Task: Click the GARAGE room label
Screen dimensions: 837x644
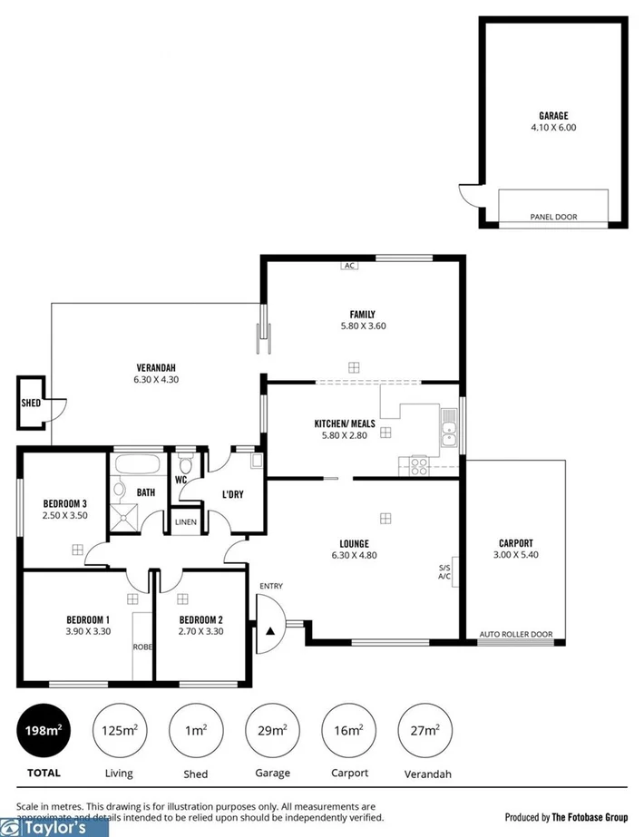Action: pyautogui.click(x=553, y=115)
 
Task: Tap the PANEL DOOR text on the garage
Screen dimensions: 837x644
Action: pyautogui.click(x=553, y=217)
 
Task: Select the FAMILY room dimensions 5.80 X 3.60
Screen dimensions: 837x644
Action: pyautogui.click(x=363, y=326)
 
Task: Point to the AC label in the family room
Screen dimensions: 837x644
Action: pyautogui.click(x=348, y=266)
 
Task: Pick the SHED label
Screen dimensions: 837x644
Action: pyautogui.click(x=30, y=403)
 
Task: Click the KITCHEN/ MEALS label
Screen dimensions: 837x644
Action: pyautogui.click(x=345, y=423)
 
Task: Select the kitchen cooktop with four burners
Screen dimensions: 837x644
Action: pyautogui.click(x=420, y=466)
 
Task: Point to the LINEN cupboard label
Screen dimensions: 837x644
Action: pyautogui.click(x=185, y=522)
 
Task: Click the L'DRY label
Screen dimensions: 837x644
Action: pyautogui.click(x=235, y=494)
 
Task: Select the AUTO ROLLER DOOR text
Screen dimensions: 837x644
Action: pyautogui.click(x=515, y=634)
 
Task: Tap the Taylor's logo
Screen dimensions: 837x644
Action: pyautogui.click(x=54, y=827)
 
